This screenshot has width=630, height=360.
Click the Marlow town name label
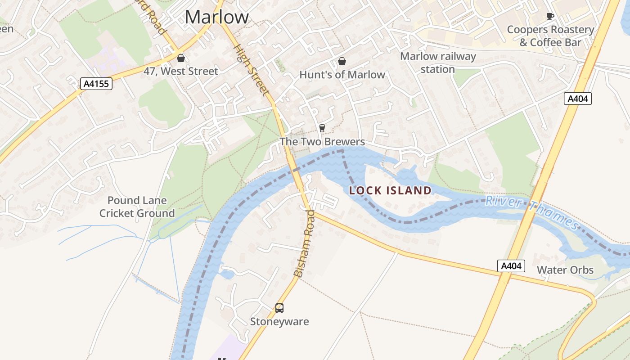(216, 17)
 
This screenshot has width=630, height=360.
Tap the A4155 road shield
(96, 84)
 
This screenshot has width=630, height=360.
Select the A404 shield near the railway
(578, 99)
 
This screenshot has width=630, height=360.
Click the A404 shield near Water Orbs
(511, 266)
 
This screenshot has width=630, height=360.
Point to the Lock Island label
(390, 190)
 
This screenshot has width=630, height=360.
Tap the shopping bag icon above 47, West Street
(181, 58)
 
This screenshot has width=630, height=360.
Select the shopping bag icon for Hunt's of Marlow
(342, 61)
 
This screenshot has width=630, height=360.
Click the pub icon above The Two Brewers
(322, 128)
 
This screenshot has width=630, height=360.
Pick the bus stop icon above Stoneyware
(279, 308)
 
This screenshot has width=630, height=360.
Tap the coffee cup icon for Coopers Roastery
(550, 17)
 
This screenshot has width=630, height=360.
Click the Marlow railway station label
(438, 63)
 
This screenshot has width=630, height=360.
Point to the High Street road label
(252, 70)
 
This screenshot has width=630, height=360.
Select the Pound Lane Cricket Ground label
(137, 207)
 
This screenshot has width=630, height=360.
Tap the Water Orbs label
(565, 270)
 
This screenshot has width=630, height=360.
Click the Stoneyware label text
(279, 322)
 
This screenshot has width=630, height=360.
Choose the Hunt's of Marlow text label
(342, 75)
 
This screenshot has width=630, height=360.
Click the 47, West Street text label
(181, 71)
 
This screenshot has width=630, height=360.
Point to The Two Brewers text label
(322, 142)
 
